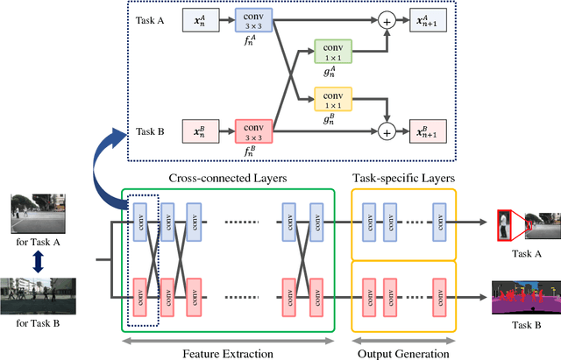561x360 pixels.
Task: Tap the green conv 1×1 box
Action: (332, 53)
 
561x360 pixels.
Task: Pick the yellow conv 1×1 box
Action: (332, 100)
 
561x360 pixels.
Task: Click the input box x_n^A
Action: (198, 20)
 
